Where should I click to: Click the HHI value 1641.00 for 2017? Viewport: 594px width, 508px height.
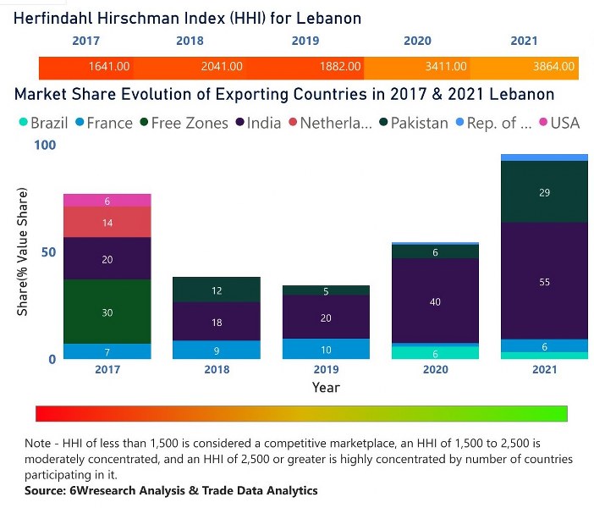click(109, 66)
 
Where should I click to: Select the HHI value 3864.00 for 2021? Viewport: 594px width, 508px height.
click(554, 66)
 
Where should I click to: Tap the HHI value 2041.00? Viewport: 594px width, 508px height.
click(222, 66)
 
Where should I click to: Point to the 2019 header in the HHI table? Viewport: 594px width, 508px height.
click(305, 41)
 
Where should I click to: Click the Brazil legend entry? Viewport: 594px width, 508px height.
click(42, 123)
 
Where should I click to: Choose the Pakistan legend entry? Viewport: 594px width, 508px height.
click(412, 123)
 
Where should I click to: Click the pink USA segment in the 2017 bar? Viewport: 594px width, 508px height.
click(107, 201)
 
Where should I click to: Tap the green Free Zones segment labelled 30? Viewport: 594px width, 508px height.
click(107, 312)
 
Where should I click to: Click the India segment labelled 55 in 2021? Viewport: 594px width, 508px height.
click(544, 281)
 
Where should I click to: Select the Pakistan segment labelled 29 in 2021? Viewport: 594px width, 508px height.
click(544, 192)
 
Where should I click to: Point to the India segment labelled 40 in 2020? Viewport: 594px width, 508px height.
click(435, 301)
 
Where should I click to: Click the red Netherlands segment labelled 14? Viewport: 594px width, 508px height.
click(107, 223)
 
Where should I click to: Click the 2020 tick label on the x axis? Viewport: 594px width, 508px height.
click(435, 370)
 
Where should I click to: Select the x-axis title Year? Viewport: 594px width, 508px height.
click(326, 387)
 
